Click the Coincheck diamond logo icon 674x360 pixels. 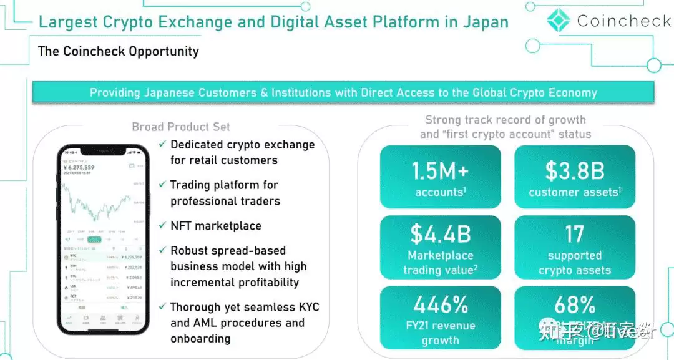[x=559, y=21]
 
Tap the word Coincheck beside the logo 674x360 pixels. [x=623, y=21]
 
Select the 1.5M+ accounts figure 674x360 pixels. [x=440, y=170]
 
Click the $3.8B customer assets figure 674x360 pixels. [x=574, y=170]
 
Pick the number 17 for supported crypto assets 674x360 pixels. [x=574, y=234]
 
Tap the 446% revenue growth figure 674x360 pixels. [x=440, y=305]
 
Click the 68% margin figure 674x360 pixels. [x=574, y=305]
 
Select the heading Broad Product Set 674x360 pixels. [x=181, y=127]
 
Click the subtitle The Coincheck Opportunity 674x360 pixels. [x=119, y=51]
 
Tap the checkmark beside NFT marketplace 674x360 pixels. [x=162, y=225]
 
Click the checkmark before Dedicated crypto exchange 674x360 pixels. [x=162, y=144]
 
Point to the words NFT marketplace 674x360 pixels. [x=216, y=226]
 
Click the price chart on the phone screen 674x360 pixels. [x=100, y=203]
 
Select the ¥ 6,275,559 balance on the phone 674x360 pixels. [x=79, y=168]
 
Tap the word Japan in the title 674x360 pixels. [x=486, y=22]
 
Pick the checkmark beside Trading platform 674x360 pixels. [x=162, y=185]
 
